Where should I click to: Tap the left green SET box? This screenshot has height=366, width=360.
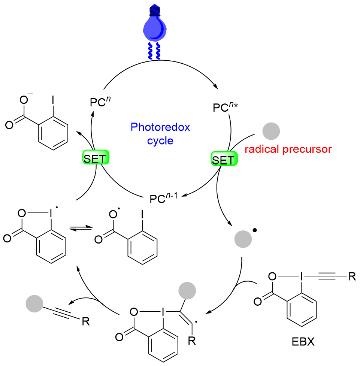pyautogui.click(x=96, y=159)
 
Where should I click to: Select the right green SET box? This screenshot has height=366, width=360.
pyautogui.click(x=223, y=160)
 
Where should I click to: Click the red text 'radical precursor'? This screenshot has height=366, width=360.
pyautogui.click(x=288, y=149)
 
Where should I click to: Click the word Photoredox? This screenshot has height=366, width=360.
pyautogui.click(x=160, y=127)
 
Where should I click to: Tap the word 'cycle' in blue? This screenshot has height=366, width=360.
pyautogui.click(x=160, y=141)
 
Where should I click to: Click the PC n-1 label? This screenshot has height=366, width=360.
pyautogui.click(x=163, y=197)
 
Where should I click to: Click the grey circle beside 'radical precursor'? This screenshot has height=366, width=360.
pyautogui.click(x=270, y=132)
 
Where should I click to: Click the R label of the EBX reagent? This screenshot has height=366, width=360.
pyautogui.click(x=351, y=278)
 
